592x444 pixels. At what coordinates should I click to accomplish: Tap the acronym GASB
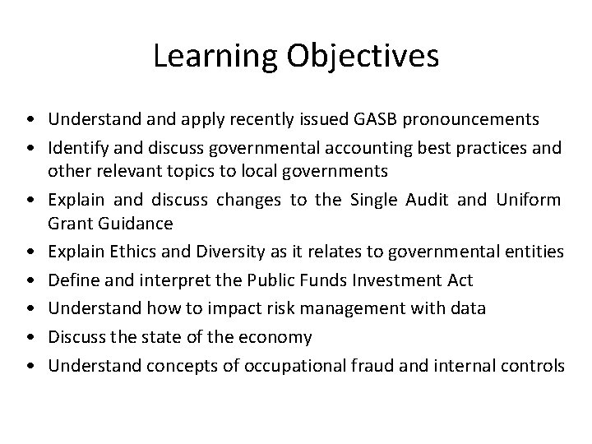click(x=373, y=119)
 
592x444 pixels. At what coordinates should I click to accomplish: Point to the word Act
click(x=459, y=280)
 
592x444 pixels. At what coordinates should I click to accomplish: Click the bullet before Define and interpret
click(x=29, y=280)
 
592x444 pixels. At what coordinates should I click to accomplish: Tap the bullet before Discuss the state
click(x=29, y=337)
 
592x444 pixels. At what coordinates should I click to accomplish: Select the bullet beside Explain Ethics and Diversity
click(x=29, y=252)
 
